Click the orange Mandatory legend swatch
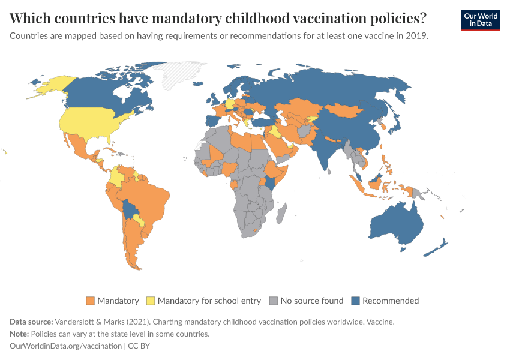pos(91,301)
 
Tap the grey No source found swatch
pos(274,301)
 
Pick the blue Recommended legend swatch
pos(356,301)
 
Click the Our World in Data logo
pos(480,20)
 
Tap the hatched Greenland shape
pos(180,74)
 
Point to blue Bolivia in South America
pos(130,210)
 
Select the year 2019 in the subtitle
pos(416,35)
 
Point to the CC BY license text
pos(142,346)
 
